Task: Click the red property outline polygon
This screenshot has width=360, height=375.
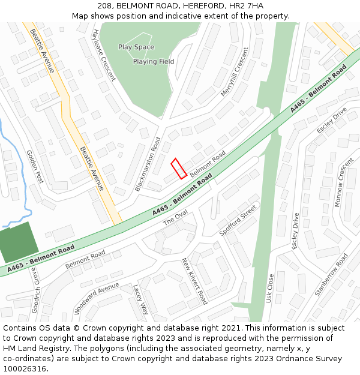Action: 179,169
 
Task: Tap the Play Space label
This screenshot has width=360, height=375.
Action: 136,47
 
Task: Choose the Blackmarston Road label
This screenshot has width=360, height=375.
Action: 148,164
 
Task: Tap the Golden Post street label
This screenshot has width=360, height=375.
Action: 35,166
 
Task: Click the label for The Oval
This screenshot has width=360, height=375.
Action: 176,218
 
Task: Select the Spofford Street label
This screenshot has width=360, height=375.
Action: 238,220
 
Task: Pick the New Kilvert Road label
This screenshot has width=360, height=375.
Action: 194,281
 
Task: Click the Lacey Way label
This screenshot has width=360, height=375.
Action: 140,299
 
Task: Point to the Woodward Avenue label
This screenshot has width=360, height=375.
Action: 97,298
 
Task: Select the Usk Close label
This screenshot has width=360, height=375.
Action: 270,288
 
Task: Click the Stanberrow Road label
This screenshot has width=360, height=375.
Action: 331,274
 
